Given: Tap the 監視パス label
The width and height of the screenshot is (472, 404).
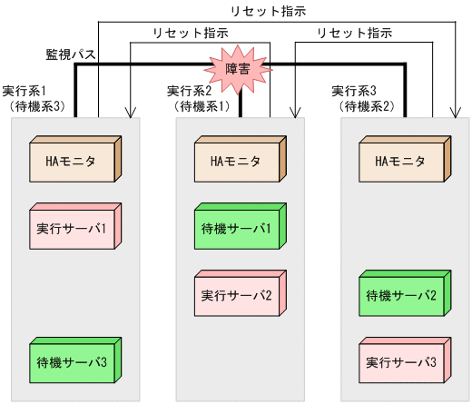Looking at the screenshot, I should pos(71,54).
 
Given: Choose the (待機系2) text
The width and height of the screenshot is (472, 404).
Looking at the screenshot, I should pos(364,106).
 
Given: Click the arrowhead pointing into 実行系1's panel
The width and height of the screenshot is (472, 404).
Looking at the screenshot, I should pos(133,113).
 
